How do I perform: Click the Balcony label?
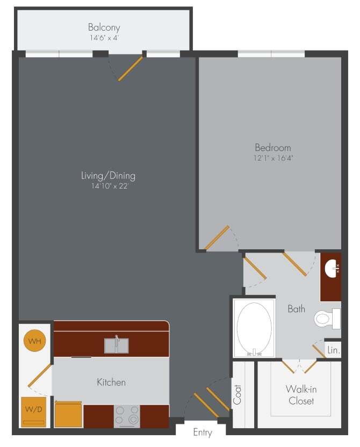pos(104,27)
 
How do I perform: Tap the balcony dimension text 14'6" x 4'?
pos(104,38)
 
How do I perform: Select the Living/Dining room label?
pos(108,176)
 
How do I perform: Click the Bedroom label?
pos(272,148)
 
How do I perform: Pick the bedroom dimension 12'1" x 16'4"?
pos(272,158)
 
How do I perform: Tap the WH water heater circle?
pos(35,341)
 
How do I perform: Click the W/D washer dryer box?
pos(33,412)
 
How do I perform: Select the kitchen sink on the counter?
pos(117,345)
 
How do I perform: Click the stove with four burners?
pos(127,415)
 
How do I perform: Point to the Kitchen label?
pos(111,383)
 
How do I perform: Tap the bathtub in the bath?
pos(254,328)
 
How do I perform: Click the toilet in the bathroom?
pos(327,319)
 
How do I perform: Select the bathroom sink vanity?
pos(330,276)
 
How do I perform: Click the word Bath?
pos(296,309)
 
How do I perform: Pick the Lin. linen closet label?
pos(333,350)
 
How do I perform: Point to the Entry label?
pos(203,432)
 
